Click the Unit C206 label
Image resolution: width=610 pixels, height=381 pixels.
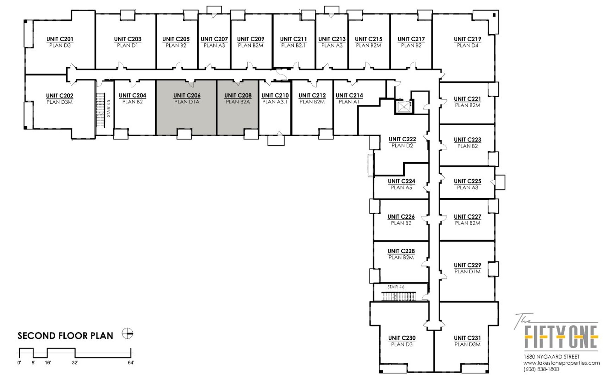[187, 96]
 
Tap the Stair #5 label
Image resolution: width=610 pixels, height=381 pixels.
[108, 108]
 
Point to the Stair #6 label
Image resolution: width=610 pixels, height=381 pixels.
[396, 287]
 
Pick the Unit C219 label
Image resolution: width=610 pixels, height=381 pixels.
[467, 39]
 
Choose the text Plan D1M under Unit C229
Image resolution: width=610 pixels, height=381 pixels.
[467, 272]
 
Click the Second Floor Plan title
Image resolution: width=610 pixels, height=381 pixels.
[66, 336]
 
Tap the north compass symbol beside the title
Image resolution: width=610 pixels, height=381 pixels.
[127, 333]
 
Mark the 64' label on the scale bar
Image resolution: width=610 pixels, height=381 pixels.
[131, 363]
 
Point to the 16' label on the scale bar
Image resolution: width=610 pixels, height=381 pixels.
[48, 363]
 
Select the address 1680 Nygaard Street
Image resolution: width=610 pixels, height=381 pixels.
[551, 357]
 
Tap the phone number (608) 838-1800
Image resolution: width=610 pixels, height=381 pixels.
[541, 369]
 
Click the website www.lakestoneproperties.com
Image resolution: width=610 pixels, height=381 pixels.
[561, 363]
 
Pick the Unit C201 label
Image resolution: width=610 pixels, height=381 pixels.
[60, 39]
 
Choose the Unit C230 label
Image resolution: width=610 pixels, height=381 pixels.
[402, 338]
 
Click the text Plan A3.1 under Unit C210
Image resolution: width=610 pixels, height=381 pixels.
[275, 102]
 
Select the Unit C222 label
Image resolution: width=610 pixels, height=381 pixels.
[402, 139]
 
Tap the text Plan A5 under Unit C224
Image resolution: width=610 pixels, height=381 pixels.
[402, 188]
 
